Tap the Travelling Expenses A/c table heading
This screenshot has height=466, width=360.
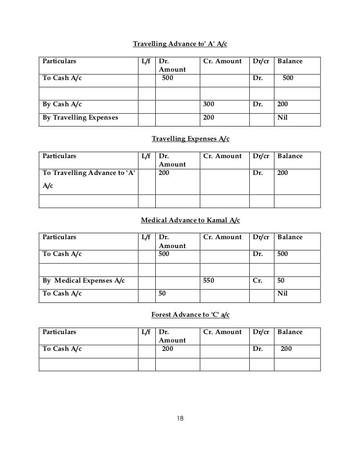pos(190,139)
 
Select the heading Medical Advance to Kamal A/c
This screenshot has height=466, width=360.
pos(190,220)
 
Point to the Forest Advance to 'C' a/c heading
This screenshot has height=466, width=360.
pos(190,315)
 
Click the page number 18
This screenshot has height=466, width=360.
pos(180,419)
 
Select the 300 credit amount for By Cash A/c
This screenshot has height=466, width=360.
pos(210,105)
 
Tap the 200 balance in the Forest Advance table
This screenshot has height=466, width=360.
pos(286,348)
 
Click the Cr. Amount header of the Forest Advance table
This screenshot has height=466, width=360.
pos(223,332)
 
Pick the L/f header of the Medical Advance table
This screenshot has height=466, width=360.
pos(146,237)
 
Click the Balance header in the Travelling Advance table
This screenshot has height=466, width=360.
pos(290,61)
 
